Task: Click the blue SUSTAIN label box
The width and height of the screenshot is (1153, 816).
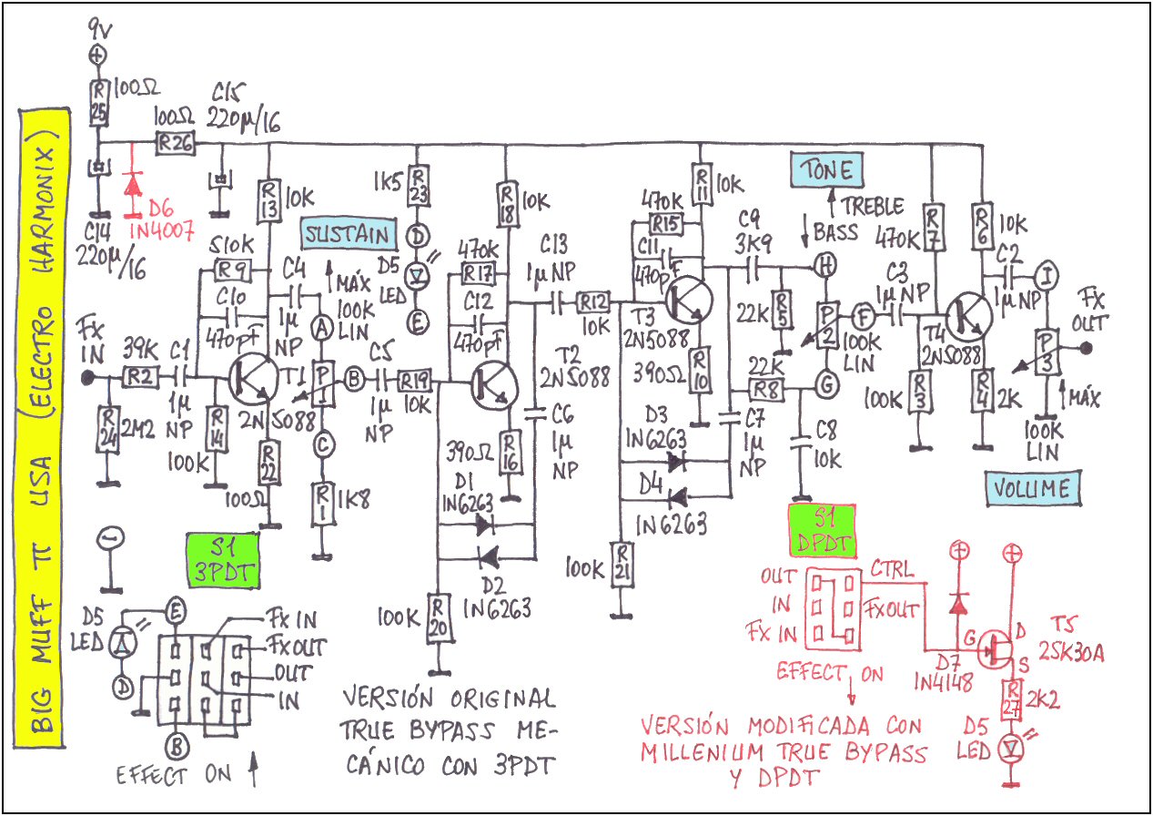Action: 349,236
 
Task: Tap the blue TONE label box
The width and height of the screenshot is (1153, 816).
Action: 827,169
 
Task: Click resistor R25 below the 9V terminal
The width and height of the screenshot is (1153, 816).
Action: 97,102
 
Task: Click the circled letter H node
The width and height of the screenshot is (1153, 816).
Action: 825,266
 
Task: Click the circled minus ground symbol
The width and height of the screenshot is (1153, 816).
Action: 111,540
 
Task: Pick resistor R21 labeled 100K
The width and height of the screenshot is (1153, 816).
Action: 622,565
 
